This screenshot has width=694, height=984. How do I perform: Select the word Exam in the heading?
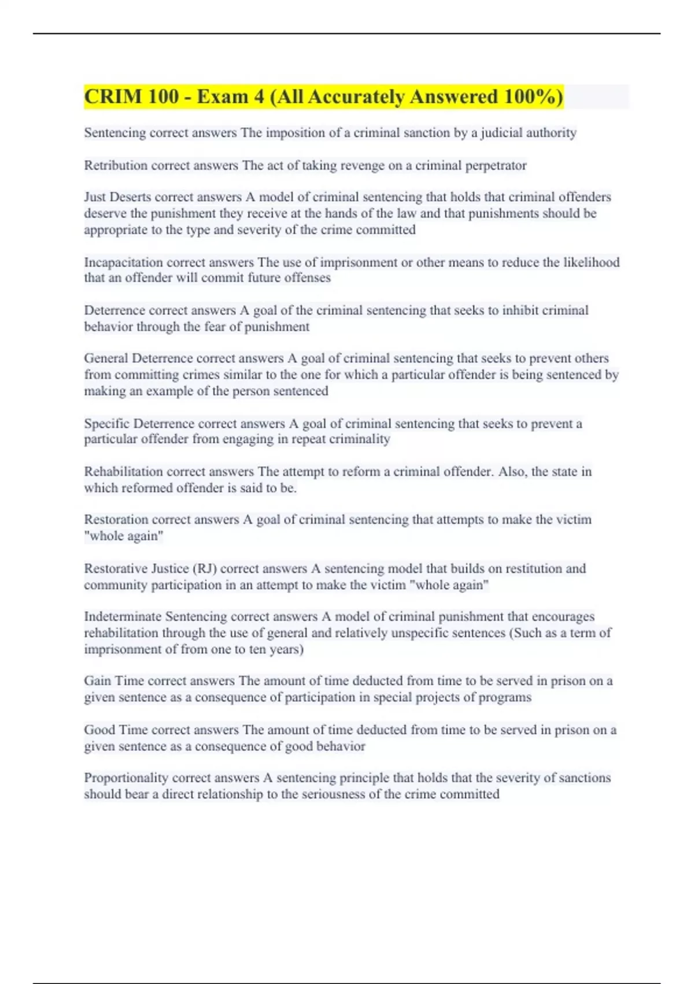[222, 96]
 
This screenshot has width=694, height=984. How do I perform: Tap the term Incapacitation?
[124, 263]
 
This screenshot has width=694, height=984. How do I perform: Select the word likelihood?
[591, 263]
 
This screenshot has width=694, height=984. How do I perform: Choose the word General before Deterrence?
[106, 358]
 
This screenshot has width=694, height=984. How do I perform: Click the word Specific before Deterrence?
[107, 424]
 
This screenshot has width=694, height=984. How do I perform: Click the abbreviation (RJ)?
[204, 569]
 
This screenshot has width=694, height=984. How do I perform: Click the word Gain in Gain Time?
[97, 681]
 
